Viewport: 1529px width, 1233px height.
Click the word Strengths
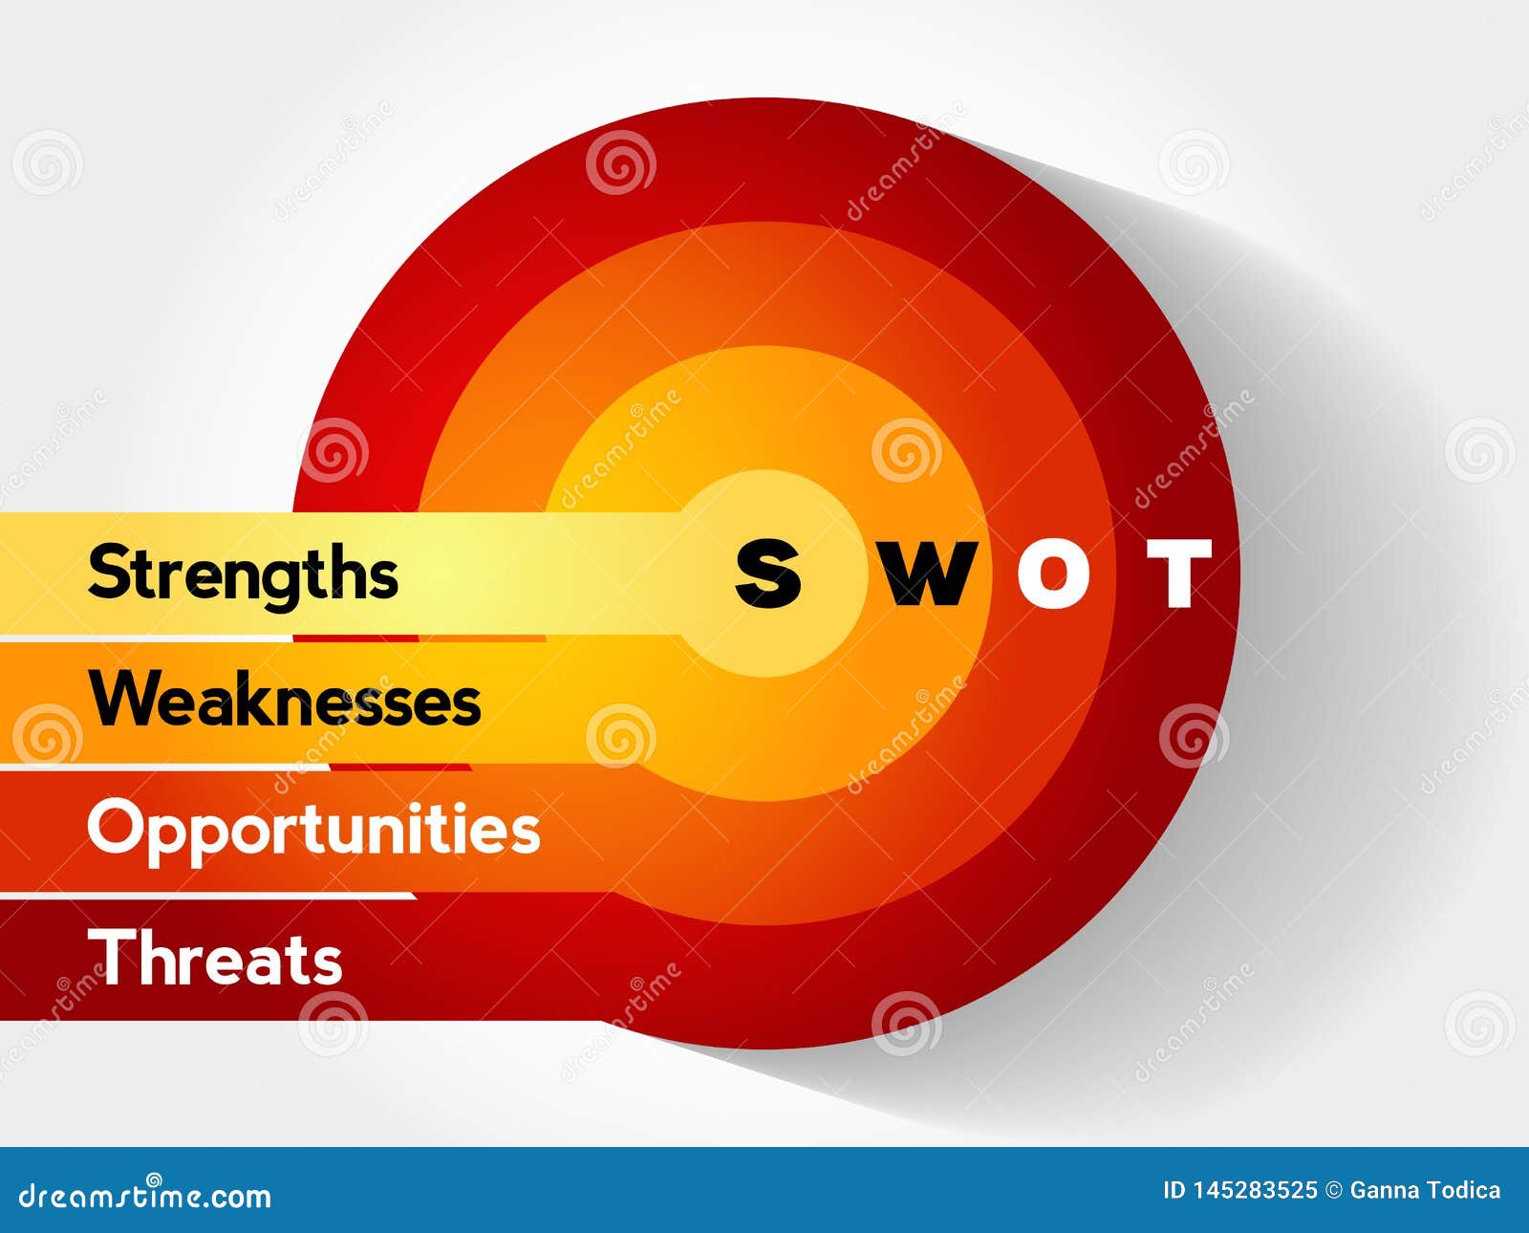(x=243, y=573)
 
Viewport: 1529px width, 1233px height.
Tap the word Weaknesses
(x=285, y=700)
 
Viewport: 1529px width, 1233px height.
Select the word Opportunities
(x=313, y=830)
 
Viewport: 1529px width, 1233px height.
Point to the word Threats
(x=215, y=958)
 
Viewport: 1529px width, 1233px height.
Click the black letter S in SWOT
(x=768, y=573)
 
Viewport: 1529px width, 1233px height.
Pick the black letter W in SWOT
(x=924, y=573)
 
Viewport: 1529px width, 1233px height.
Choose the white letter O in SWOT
(x=1052, y=573)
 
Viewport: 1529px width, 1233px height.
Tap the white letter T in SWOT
(x=1179, y=573)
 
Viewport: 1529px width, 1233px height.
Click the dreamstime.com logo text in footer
(x=145, y=1195)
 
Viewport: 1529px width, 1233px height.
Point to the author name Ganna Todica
(x=1425, y=1190)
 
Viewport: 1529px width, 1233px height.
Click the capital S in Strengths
(x=106, y=573)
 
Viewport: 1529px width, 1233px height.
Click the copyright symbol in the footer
(x=1333, y=1190)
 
